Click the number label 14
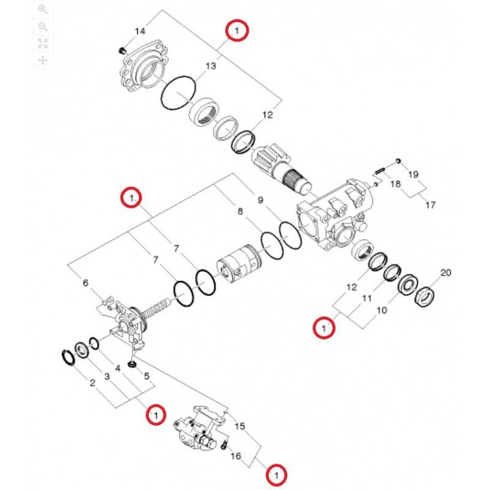(140, 31)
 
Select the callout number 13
(211, 66)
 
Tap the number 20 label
(445, 273)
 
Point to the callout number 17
(431, 205)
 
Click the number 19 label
(413, 175)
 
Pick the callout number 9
(260, 200)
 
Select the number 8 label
(240, 212)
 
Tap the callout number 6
(86, 282)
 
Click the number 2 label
(92, 384)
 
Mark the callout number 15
(240, 426)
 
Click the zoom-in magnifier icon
(43, 9)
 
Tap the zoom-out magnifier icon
(43, 26)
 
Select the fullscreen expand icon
(43, 43)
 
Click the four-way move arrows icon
(43, 61)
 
